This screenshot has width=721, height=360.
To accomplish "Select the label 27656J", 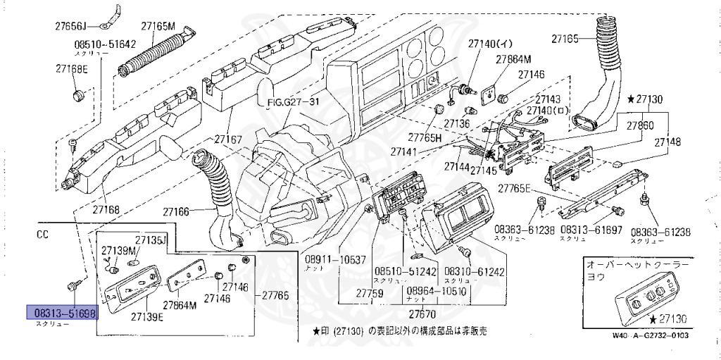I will point(71,27).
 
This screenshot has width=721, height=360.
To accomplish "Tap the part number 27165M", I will point(158,26).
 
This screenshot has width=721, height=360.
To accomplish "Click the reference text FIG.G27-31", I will point(294,102).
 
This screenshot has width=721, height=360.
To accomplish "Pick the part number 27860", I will point(640,125).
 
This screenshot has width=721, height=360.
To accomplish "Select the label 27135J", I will point(150,240).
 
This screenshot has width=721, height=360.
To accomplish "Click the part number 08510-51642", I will point(105,44).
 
